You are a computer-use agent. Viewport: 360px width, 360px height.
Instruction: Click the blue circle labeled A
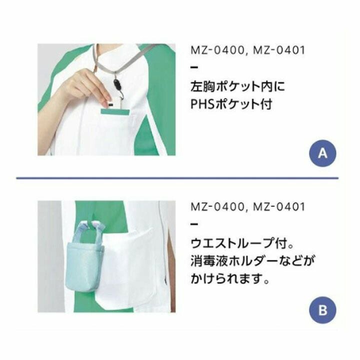pos(322,153)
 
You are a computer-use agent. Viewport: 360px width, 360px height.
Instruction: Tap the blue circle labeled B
pos(322,310)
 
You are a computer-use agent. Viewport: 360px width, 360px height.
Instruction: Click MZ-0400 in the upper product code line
pos(217,50)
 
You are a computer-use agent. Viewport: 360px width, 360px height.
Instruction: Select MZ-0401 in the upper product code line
pos(279,50)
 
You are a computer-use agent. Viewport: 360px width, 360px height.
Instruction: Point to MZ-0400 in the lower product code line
pos(217,206)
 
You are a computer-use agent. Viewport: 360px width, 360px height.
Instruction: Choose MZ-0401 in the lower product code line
pos(279,206)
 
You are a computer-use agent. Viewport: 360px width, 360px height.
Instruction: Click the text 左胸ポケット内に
pos(238,86)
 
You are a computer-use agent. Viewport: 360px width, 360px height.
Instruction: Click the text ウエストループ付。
pos(242,243)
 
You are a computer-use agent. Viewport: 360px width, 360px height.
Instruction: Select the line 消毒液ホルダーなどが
pos(252,261)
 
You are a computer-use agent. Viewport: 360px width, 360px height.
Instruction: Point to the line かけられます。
pos(230,278)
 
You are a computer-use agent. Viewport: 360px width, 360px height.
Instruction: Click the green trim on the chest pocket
pos(115,112)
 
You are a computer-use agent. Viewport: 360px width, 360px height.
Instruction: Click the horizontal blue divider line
pos(177,177)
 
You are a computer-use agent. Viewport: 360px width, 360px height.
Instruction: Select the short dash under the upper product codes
pos(194,67)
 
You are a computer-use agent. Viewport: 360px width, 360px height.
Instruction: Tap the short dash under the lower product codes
pos(194,224)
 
